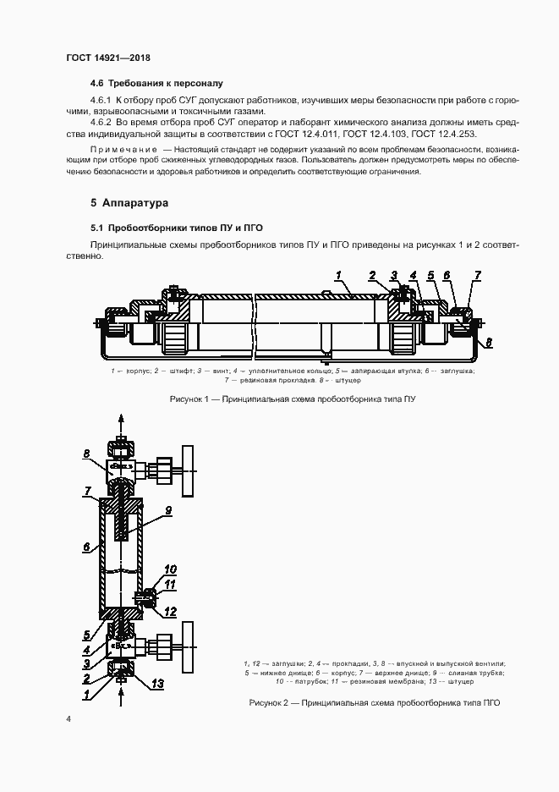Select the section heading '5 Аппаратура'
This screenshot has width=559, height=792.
(x=129, y=203)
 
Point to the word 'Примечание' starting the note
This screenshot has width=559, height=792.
(x=119, y=149)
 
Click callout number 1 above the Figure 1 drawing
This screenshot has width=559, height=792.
(x=337, y=275)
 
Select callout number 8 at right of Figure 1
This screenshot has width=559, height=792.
(x=488, y=342)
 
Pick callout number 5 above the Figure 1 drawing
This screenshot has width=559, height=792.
(x=430, y=275)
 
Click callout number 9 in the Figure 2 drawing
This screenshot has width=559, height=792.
(x=168, y=510)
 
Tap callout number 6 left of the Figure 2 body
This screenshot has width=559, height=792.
(x=86, y=547)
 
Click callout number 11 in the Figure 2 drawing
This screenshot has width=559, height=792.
(x=169, y=584)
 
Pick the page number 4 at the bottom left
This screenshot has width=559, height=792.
(x=69, y=718)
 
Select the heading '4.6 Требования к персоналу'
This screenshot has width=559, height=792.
(x=156, y=83)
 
